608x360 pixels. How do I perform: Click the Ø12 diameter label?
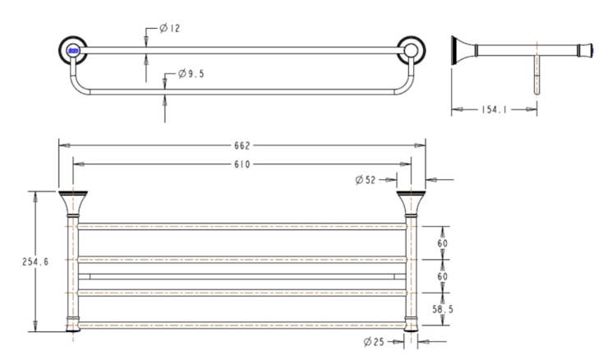170,28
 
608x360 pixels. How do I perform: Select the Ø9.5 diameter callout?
191,74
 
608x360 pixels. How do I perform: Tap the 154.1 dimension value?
494,110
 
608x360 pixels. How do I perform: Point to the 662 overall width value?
242,145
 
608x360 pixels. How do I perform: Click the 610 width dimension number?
242,164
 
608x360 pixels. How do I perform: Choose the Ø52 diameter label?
366,180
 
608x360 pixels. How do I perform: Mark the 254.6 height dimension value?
35,262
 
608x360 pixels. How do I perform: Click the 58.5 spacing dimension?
443,309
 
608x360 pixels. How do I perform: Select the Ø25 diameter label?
374,342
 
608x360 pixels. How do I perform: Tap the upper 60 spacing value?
442,243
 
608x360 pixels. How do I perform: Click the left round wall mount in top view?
72,50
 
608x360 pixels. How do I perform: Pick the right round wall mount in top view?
411,50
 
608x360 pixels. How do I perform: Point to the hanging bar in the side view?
537,75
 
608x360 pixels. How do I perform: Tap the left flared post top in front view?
73,203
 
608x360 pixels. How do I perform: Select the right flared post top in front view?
411,203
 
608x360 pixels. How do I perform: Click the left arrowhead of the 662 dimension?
64,145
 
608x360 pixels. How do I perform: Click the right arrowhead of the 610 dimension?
406,164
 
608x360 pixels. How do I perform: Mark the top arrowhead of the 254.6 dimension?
35,196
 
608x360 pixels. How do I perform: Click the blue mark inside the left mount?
73,50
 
